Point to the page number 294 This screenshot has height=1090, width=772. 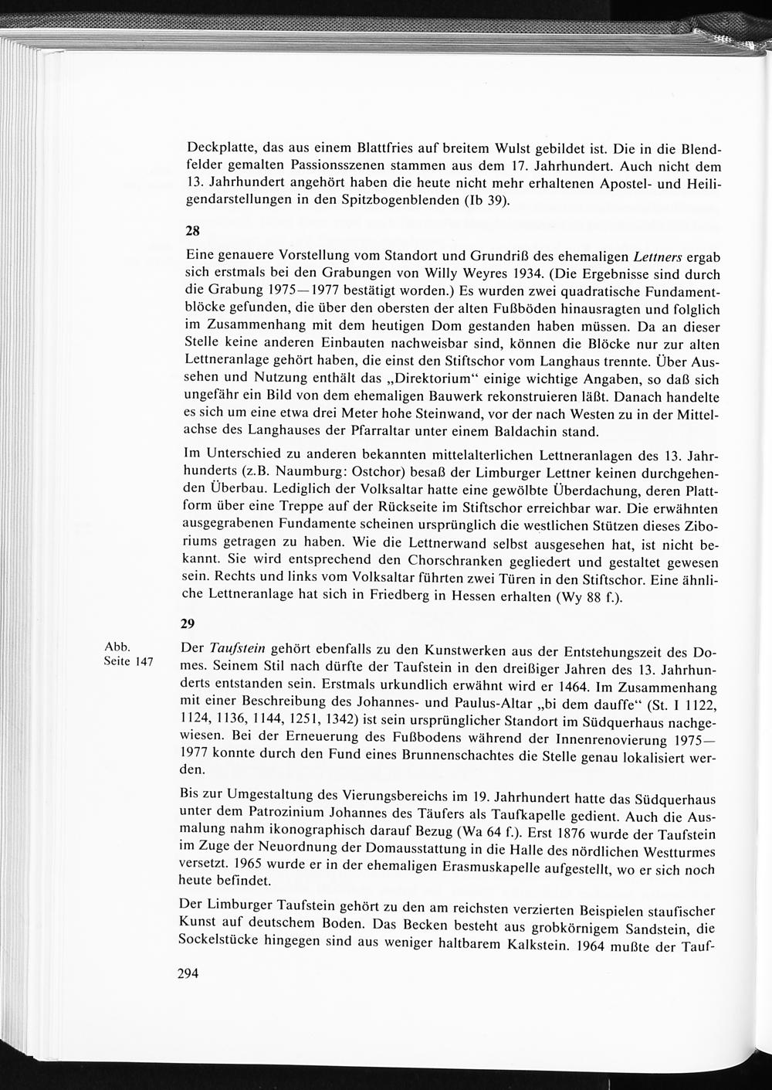pos(188,973)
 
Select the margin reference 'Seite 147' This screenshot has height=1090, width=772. pos(128,662)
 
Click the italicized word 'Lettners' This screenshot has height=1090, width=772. pos(659,256)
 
